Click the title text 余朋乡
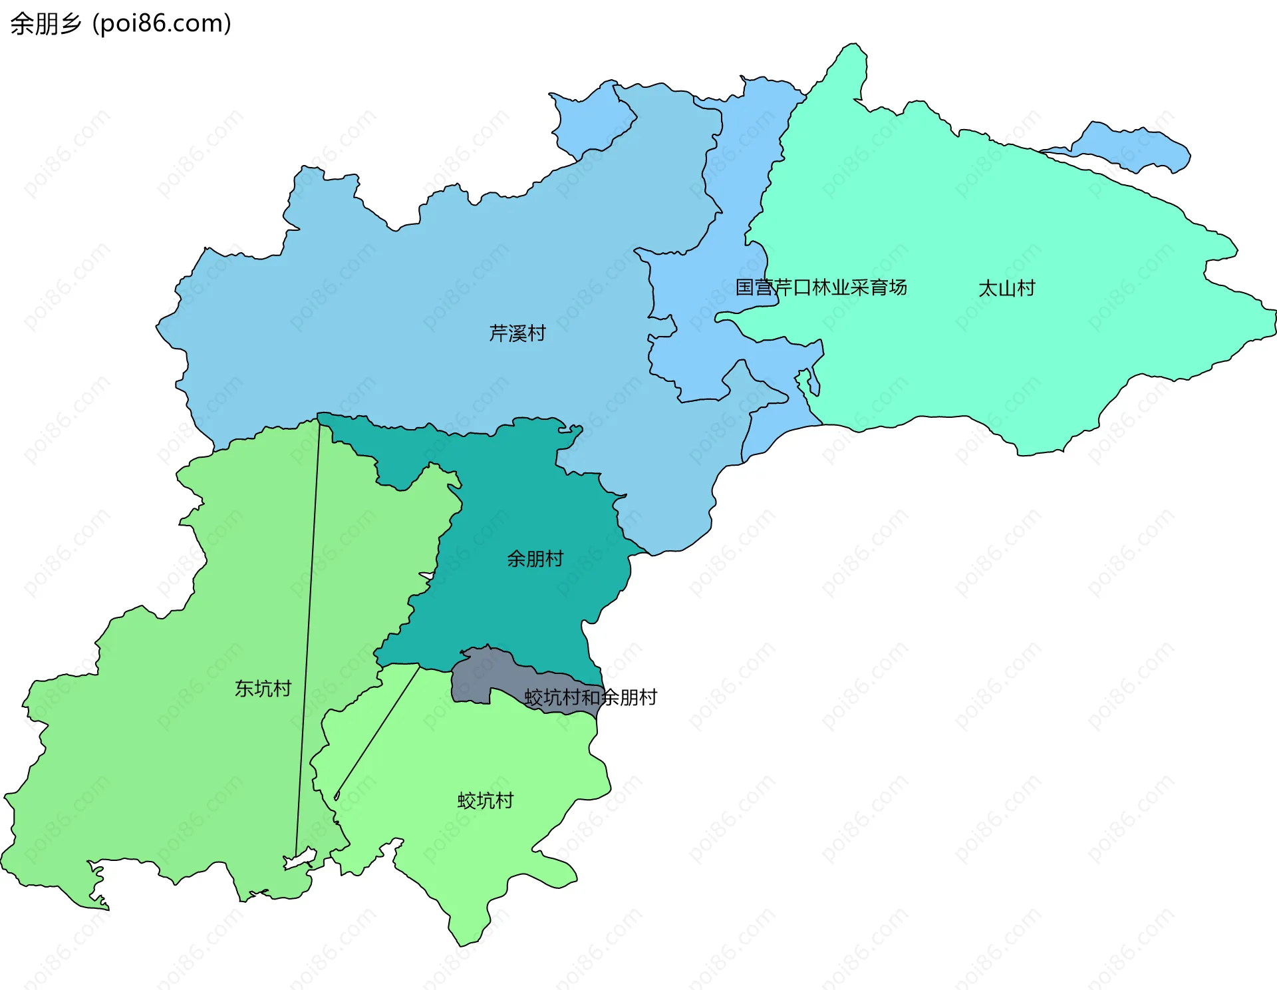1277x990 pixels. point(45,24)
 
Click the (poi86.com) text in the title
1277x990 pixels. point(162,24)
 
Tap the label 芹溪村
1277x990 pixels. point(517,333)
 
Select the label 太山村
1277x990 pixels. point(1006,288)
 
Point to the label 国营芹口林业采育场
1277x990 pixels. point(821,287)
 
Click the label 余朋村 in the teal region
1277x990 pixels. point(535,558)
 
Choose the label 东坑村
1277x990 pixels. point(263,688)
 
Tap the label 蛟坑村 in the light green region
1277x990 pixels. point(486,800)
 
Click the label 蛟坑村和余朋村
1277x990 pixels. point(590,697)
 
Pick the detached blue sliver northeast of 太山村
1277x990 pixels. point(1131,148)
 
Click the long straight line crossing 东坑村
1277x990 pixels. point(308,632)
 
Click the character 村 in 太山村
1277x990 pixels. point(1026,288)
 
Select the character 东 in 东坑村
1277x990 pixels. point(243,688)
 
